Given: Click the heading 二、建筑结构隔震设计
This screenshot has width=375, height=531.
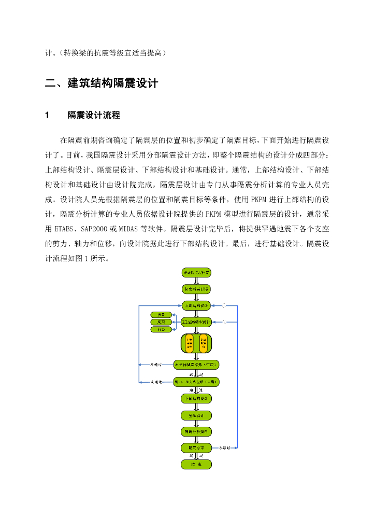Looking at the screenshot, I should coord(101,83).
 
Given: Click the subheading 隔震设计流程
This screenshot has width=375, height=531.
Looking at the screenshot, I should coord(94,115).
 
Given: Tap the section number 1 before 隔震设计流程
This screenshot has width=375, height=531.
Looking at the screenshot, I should coord(48,115).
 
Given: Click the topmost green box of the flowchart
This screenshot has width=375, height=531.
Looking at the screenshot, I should coord(196,272).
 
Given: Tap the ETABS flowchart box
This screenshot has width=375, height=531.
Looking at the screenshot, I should coord(196,322).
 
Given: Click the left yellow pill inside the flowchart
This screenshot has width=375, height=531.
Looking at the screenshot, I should coord(190,344).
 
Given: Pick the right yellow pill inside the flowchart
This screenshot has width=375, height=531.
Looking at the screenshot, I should coord(203,344).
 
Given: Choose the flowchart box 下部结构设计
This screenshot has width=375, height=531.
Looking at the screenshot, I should coord(196,398).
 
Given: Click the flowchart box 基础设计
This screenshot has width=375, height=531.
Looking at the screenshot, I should coord(196,415).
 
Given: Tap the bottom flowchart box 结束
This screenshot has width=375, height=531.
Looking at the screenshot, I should coord(196,464).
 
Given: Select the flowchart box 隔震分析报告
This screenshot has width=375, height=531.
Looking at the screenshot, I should coord(196,431).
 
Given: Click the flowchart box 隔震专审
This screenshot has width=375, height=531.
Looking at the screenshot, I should coord(196,447).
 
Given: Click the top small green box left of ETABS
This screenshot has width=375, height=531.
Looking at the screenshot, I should coord(161,315).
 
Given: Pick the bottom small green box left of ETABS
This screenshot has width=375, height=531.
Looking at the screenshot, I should coord(161,329).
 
